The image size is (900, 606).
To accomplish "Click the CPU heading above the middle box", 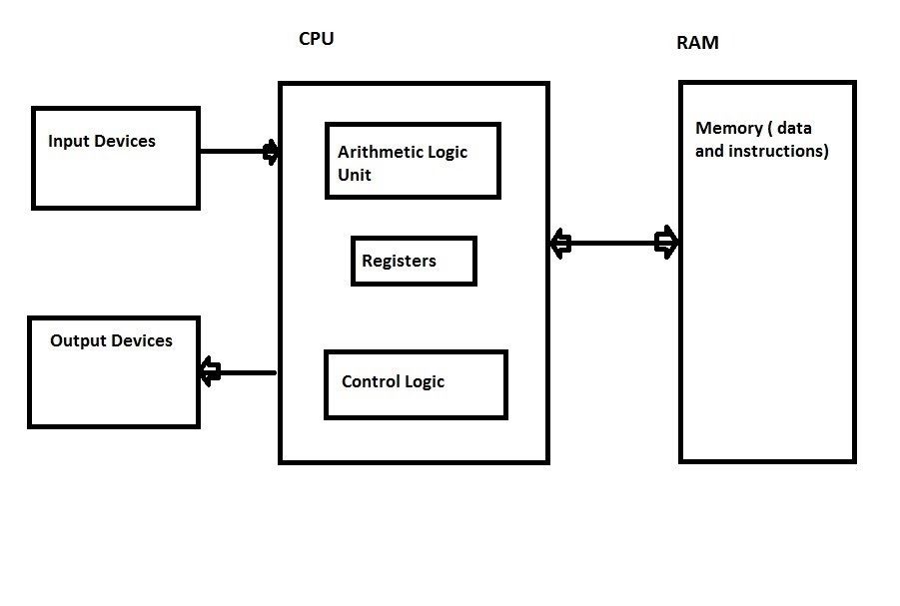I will pos(316,40).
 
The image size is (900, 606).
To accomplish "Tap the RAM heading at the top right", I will pos(697,43).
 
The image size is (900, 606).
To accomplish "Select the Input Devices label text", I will pos(102,141).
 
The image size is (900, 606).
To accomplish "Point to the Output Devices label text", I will pos(111,340).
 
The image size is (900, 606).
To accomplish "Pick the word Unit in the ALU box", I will pos(355,175).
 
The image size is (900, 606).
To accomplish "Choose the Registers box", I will pos(414,262).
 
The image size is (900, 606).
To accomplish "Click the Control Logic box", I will pos(416,384).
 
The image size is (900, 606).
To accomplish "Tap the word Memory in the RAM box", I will pos(728,129).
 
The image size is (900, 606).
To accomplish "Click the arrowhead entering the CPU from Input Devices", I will pos(271,152).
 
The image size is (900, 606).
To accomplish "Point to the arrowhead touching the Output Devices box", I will pos(210,372).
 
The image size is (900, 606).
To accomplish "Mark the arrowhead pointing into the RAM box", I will pos(666,243).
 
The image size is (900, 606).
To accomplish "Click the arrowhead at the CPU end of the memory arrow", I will pos(560,243).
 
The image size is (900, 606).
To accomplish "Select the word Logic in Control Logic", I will pos(425,381).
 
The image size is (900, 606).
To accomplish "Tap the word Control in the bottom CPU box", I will pos(371,381).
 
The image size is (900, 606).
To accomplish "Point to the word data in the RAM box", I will pos(794,129).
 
